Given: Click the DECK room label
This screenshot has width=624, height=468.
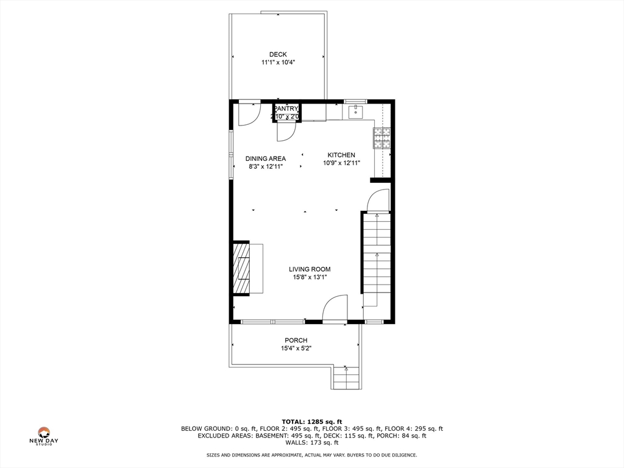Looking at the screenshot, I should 278,54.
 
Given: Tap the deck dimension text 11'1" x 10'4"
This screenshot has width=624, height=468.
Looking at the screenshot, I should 278,62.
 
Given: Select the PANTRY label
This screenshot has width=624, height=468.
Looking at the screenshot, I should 286,108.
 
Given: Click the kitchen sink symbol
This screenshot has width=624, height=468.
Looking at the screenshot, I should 356,112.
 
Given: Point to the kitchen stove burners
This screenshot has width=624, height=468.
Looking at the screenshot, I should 382,138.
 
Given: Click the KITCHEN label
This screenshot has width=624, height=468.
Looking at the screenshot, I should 341,155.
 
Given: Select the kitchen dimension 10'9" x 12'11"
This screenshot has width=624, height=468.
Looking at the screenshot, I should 341,163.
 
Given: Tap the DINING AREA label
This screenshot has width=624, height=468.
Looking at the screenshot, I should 266,158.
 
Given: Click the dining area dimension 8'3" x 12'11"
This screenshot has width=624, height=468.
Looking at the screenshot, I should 266,166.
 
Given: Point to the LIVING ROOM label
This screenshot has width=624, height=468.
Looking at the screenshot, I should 310,269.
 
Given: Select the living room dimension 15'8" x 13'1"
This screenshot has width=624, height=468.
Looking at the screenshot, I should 310,277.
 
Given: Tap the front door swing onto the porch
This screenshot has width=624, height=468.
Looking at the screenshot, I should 335,308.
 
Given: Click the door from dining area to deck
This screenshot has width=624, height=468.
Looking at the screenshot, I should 249,114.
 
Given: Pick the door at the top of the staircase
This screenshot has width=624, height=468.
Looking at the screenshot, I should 378,200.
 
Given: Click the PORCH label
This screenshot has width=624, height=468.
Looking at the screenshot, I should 296,340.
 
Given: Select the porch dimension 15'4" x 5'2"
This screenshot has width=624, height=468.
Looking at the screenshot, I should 296,349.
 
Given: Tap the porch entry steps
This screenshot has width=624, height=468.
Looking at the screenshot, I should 346,378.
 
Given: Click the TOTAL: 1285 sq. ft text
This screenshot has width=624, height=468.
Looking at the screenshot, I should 312,421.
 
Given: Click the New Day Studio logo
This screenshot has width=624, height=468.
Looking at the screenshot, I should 44,435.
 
